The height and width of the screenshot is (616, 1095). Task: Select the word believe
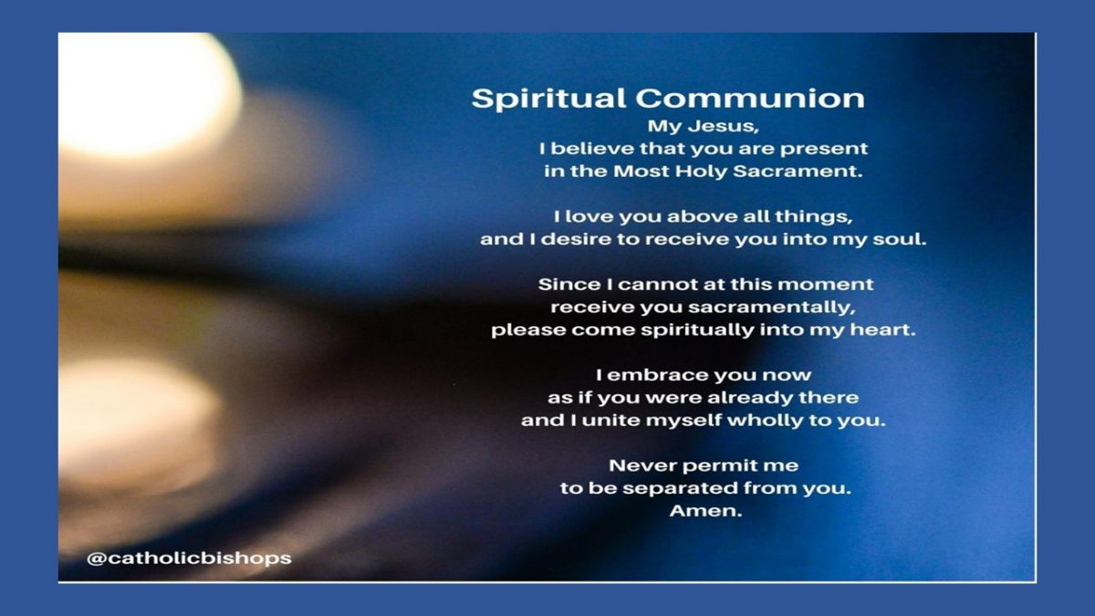pos(611,148)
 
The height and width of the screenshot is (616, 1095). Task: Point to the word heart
pos(888,329)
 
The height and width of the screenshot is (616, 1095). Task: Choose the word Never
pos(641,465)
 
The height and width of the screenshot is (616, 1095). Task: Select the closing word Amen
pos(704,511)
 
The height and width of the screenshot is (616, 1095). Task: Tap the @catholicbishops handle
pos(189,557)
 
